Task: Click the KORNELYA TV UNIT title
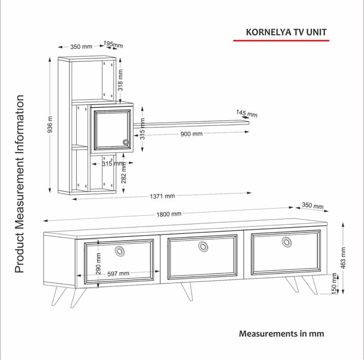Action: pyautogui.click(x=286, y=32)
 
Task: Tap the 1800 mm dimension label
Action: pyautogui.click(x=169, y=214)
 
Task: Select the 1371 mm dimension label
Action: pyautogui.click(x=162, y=196)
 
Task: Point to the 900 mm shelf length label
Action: pyautogui.click(x=192, y=134)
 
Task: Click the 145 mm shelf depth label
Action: pyautogui.click(x=247, y=114)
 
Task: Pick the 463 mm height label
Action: pyautogui.click(x=343, y=258)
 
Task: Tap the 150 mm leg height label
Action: pyautogui.click(x=334, y=283)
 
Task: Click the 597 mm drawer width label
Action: pyautogui.click(x=118, y=274)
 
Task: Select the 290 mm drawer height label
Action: pyautogui.click(x=98, y=264)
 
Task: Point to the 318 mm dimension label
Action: pyautogui.click(x=120, y=80)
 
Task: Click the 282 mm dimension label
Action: pyautogui.click(x=123, y=173)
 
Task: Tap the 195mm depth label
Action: pyautogui.click(x=113, y=44)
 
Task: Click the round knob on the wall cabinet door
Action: pyautogui.click(x=126, y=142)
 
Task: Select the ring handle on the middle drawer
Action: pyautogui.click(x=203, y=246)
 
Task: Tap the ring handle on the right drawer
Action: pyautogui.click(x=287, y=242)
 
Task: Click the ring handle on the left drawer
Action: pyautogui.click(x=120, y=251)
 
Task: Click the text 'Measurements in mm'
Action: pyautogui.click(x=282, y=334)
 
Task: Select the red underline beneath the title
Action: pyautogui.click(x=281, y=41)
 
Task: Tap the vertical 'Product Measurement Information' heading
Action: pyautogui.click(x=20, y=184)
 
